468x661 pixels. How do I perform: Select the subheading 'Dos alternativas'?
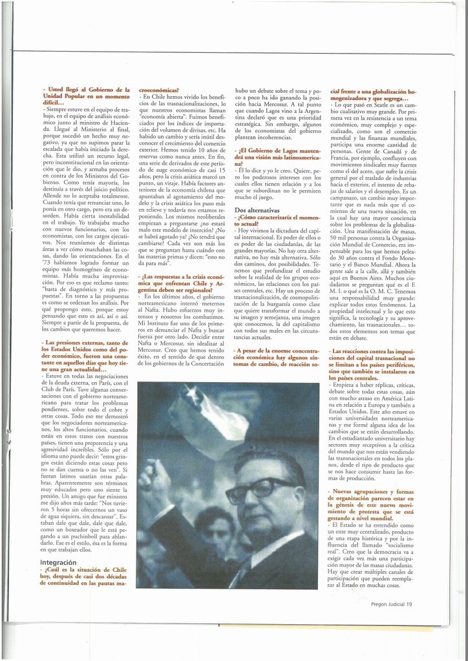pyautogui.click(x=257, y=210)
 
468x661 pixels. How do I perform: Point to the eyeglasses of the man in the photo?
pyautogui.click(x=257, y=490)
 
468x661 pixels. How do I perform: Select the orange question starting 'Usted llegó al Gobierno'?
pyautogui.click(x=85, y=96)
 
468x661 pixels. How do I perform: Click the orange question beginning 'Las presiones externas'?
pyautogui.click(x=85, y=358)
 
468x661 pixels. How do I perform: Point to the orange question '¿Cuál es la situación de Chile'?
pyautogui.click(x=85, y=576)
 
